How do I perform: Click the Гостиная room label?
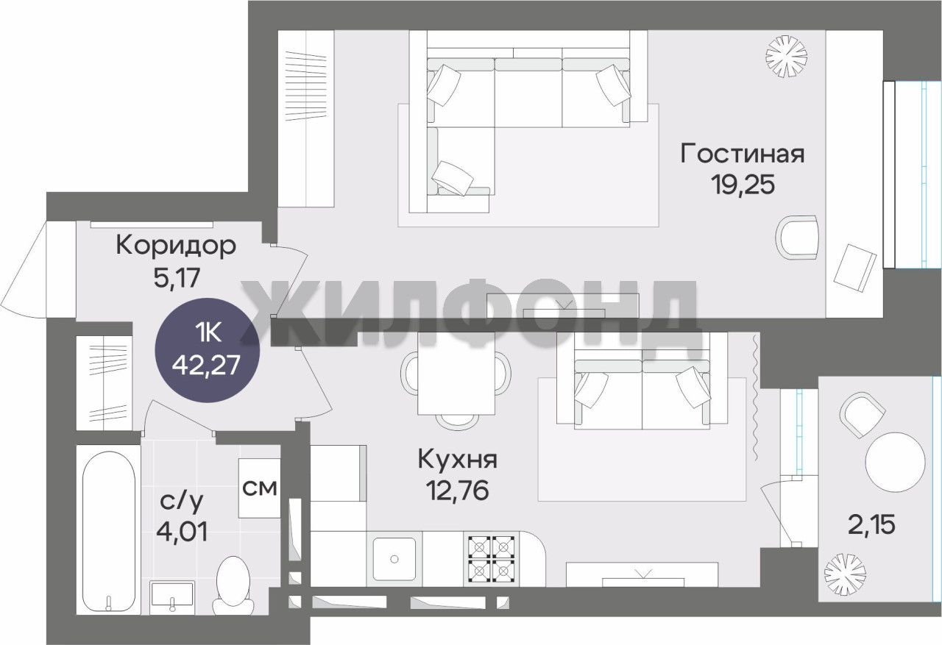tap(743, 154)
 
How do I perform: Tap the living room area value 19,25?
tap(743, 185)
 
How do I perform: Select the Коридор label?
tap(175, 246)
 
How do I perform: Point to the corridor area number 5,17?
tap(177, 277)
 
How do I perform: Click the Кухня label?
tap(457, 459)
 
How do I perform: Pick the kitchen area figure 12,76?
tap(458, 490)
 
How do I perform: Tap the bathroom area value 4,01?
tap(182, 531)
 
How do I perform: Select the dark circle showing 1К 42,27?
tap(208, 350)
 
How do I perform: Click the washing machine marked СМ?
tap(260, 488)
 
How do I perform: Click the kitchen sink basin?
tap(394, 558)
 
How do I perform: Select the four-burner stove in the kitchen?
tap(491, 558)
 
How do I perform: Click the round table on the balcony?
tap(896, 462)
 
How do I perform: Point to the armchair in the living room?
tap(797, 237)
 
